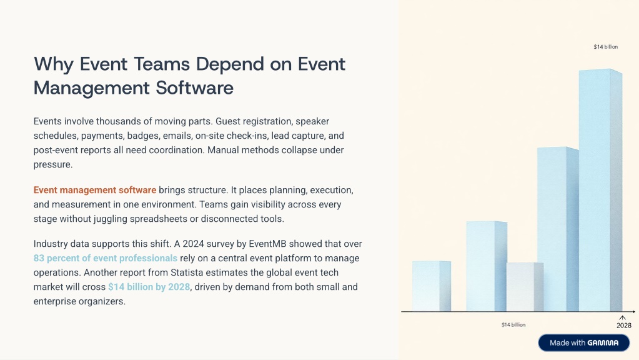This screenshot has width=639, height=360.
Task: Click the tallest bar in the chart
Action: pyautogui.click(x=600, y=190)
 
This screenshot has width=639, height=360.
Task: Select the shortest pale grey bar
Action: pyautogui.click(x=525, y=287)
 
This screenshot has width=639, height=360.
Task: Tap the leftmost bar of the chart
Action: pyautogui.click(x=432, y=286)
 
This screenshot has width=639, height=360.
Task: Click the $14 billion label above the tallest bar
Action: pyautogui.click(x=606, y=47)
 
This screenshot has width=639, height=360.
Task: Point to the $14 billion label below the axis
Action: pyautogui.click(x=513, y=325)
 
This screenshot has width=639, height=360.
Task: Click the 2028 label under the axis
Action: pyautogui.click(x=624, y=326)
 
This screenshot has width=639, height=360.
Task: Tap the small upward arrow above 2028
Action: pyautogui.click(x=622, y=318)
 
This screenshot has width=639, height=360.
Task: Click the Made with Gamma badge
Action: pyautogui.click(x=584, y=343)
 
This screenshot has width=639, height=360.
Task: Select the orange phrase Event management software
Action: pyautogui.click(x=95, y=190)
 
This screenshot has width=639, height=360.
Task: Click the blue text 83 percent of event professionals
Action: pyautogui.click(x=106, y=258)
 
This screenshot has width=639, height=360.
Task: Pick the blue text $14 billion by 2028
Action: pyautogui.click(x=149, y=287)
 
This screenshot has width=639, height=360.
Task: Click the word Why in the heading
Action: pyautogui.click(x=54, y=64)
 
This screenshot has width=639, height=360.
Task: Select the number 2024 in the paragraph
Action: pyautogui.click(x=193, y=244)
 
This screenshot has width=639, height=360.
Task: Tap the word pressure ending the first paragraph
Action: pyautogui.click(x=53, y=165)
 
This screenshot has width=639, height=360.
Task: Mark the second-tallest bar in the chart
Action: pyautogui.click(x=558, y=229)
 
